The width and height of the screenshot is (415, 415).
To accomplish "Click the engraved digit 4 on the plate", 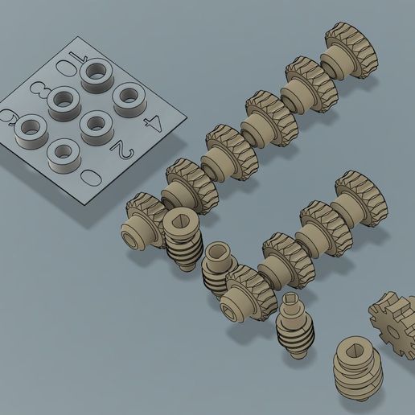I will click(x=152, y=123).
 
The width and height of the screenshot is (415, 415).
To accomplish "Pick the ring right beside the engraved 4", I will click(x=129, y=98).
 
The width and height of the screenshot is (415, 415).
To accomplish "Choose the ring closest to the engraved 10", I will click(x=96, y=74).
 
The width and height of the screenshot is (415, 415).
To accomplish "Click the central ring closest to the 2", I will click(x=96, y=125).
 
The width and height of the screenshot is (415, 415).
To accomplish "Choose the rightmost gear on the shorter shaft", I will click(x=360, y=192).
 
